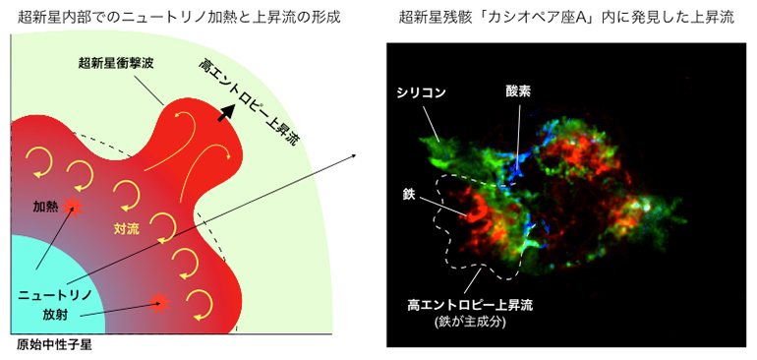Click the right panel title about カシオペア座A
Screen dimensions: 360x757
pyautogui.click(x=565, y=16)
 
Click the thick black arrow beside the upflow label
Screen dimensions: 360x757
pyautogui.click(x=226, y=113)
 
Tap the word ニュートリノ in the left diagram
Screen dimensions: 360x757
pyautogui.click(x=55, y=294)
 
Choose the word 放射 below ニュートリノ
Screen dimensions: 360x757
pyautogui.click(x=56, y=316)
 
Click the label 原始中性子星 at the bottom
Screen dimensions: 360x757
pyautogui.click(x=52, y=346)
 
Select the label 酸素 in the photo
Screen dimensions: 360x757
pyautogui.click(x=518, y=91)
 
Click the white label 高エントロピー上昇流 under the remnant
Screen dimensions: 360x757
pyautogui.click(x=470, y=305)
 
